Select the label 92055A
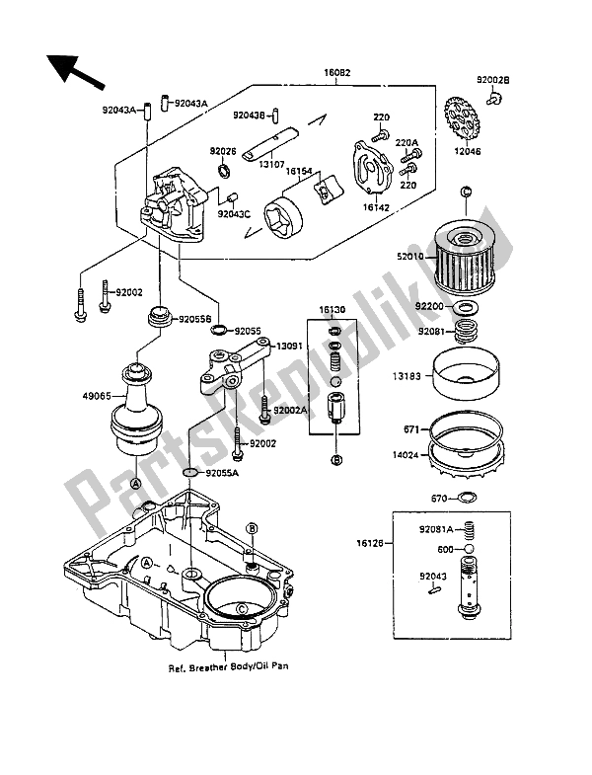(x=224, y=475)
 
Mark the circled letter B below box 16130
(x=336, y=460)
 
